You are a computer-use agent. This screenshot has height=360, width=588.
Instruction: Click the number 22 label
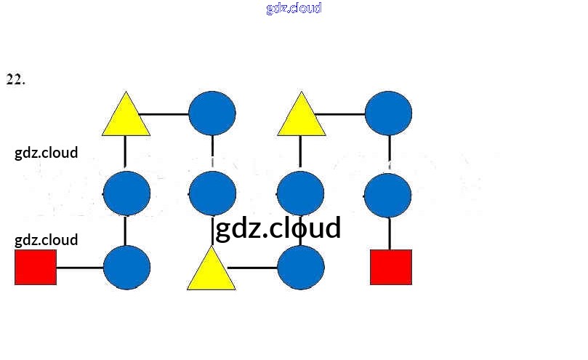tap(15, 79)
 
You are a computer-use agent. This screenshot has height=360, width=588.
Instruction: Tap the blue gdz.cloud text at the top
tap(294, 9)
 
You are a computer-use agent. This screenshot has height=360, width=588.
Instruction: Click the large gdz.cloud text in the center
tap(278, 228)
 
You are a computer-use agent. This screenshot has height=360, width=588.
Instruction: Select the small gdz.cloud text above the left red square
tap(46, 240)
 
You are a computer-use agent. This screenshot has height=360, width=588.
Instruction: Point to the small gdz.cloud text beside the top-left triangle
tap(46, 153)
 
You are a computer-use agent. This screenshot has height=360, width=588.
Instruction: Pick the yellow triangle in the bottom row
tap(211, 271)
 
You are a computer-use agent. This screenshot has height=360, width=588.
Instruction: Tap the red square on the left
tap(36, 267)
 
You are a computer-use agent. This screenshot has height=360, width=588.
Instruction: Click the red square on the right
tap(391, 267)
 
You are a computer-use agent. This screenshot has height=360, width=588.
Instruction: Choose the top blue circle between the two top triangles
tap(212, 113)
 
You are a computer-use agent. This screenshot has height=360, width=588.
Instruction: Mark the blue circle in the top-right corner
tap(388, 113)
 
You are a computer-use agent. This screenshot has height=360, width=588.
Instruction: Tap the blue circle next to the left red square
tap(126, 267)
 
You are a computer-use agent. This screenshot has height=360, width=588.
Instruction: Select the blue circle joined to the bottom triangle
tap(301, 267)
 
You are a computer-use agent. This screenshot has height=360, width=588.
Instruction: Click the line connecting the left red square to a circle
tap(80, 267)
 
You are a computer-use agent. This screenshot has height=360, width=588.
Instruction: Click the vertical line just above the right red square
tap(390, 233)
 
